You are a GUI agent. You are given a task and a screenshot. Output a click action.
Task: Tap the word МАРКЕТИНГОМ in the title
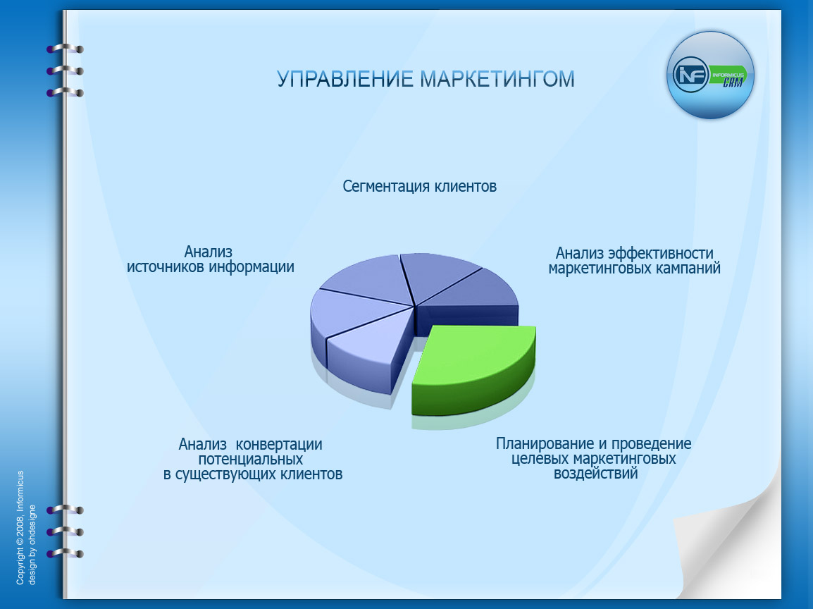click(497, 79)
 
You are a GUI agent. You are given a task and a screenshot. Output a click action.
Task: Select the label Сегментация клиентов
click(420, 187)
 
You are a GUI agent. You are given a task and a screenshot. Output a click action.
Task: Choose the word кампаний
click(685, 269)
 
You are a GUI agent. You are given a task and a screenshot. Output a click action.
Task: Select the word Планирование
click(539, 444)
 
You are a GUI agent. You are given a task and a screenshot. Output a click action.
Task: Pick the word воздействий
click(596, 474)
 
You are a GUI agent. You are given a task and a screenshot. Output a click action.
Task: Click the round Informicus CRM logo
click(710, 74)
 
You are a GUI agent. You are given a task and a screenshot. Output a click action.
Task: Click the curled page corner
click(733, 543)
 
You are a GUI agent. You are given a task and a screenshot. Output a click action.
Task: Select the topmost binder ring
click(65, 49)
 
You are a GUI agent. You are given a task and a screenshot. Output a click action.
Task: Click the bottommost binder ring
click(65, 553)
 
